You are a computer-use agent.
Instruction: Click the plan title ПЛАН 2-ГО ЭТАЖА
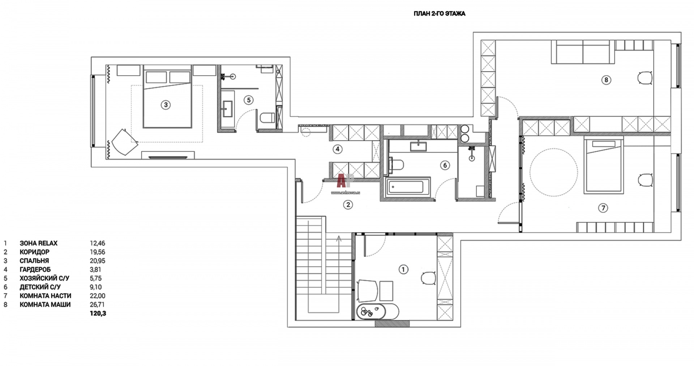[439, 14]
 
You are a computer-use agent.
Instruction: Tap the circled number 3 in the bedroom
[166, 105]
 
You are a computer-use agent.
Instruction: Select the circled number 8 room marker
[606, 80]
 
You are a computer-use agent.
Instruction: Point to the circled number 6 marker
[445, 165]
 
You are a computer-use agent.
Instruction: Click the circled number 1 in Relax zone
[403, 269]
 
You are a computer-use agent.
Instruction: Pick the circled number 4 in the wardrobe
[337, 149]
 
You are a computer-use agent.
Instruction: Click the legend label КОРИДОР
[35, 252]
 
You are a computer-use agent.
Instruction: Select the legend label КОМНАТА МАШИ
[45, 305]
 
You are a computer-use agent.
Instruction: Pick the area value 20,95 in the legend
[98, 261]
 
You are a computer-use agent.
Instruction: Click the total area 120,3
[98, 314]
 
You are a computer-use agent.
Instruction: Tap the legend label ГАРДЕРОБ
[35, 269]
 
